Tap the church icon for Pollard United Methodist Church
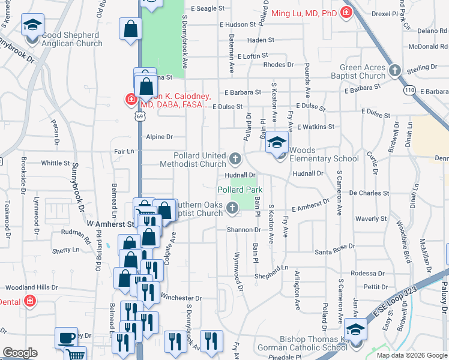(x=235, y=159)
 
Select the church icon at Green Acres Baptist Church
(x=394, y=71)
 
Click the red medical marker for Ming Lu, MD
(x=346, y=13)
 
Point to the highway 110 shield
(x=409, y=90)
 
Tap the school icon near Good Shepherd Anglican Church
(x=32, y=25)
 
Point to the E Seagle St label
(x=207, y=9)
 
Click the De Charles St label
(x=369, y=193)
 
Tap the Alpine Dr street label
(x=159, y=137)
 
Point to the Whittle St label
(x=56, y=163)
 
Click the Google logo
(x=20, y=353)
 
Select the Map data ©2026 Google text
(x=412, y=355)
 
